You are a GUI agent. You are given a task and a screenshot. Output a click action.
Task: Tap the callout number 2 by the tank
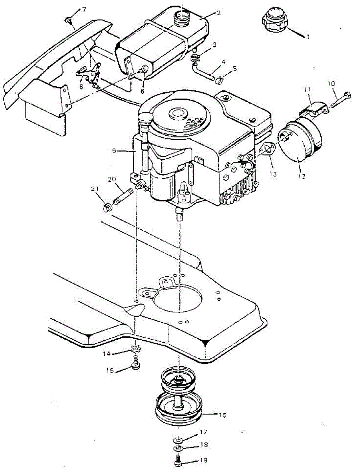(218, 13)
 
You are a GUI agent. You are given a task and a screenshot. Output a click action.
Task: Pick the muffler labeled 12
(298, 143)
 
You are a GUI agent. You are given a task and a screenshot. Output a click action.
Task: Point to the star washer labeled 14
(136, 349)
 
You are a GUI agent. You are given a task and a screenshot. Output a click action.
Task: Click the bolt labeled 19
(178, 461)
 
